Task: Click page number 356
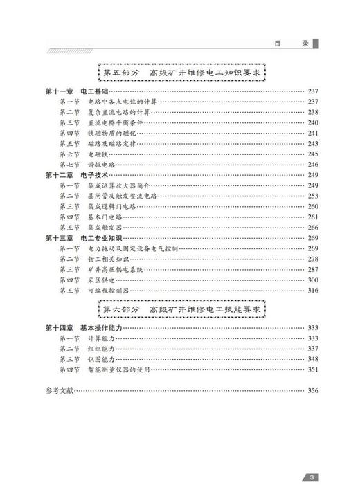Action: (x=312, y=391)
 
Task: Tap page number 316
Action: (x=312, y=290)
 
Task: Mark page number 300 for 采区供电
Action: (x=312, y=280)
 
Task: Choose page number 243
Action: (x=312, y=143)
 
